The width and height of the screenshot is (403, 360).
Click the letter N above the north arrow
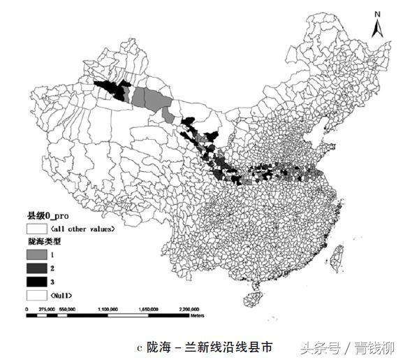[x=377, y=13]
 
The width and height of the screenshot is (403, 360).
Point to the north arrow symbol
[x=377, y=28]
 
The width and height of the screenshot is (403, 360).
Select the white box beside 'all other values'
[x=35, y=229]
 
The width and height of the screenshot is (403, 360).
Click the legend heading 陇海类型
[x=44, y=241]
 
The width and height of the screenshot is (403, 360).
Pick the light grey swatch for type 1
[x=35, y=255]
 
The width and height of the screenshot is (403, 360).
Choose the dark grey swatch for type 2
[x=35, y=268]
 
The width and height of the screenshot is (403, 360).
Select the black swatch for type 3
[x=35, y=282]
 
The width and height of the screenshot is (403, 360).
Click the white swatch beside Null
[x=35, y=295]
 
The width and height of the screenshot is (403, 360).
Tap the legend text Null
[x=61, y=295]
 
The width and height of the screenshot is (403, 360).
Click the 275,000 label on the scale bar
[x=46, y=308]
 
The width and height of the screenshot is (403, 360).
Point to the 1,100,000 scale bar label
[x=109, y=308]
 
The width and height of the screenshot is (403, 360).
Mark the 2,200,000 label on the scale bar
[x=190, y=308]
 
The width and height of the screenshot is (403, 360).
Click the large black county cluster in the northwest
[x=113, y=89]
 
